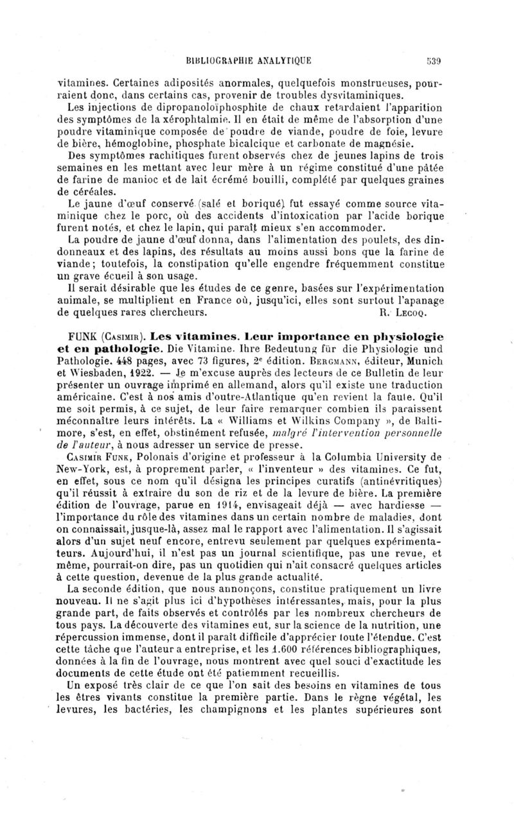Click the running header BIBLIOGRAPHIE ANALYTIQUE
click(x=249, y=62)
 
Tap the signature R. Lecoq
click(x=402, y=314)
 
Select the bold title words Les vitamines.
click(x=208, y=337)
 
